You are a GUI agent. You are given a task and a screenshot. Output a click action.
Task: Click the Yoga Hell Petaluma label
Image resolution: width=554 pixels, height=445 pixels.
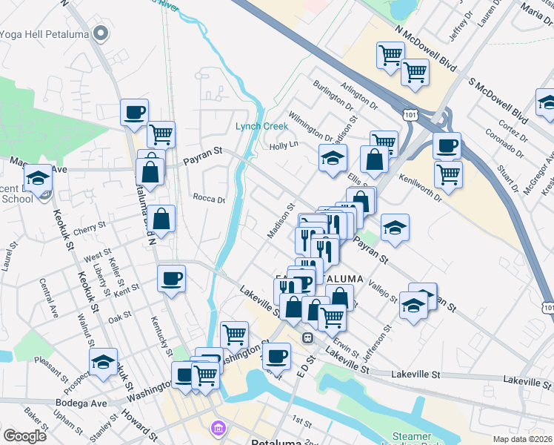pos(50,33)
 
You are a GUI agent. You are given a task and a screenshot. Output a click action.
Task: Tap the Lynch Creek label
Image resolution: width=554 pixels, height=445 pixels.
pos(261,126)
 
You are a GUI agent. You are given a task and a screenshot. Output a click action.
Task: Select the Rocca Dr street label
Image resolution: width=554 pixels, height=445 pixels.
pos(208,198)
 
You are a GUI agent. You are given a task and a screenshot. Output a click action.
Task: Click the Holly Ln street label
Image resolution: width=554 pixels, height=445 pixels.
pos(282,145)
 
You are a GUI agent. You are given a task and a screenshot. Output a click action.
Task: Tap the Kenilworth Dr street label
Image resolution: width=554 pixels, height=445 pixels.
pos(419,188)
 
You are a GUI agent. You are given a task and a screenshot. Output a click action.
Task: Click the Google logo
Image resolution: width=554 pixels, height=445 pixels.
pos(24,436)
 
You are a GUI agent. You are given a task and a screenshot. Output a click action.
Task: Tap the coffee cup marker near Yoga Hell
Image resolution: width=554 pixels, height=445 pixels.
pos(134,113)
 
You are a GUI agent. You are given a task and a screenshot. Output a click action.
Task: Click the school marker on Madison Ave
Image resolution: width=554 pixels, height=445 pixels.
pos(38,179)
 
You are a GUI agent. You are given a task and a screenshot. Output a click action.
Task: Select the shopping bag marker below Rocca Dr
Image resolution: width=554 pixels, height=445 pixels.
pos(161,220)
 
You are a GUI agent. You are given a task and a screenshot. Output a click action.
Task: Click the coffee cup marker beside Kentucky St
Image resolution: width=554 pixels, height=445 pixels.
pos(171,279)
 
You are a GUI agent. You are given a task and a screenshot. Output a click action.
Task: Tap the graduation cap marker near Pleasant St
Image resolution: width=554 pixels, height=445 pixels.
pos(103,362)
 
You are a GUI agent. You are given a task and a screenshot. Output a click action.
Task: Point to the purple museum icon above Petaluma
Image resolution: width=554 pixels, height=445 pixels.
pos(217,429)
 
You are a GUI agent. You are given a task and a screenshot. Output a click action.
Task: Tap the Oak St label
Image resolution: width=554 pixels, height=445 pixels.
pos(119,317)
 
